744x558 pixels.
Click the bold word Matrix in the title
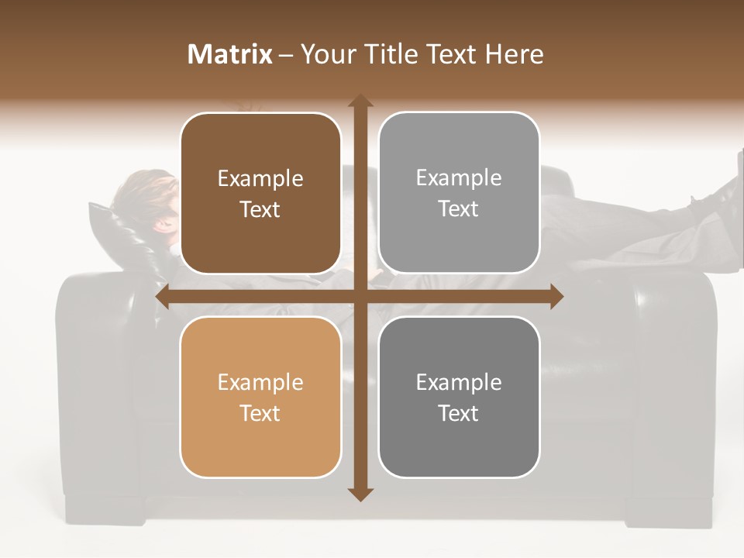230,54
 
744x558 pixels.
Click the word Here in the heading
514,54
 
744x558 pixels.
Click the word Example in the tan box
260,382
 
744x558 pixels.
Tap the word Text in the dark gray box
459,413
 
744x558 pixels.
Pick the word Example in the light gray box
459,178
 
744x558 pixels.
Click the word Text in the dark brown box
260,209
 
